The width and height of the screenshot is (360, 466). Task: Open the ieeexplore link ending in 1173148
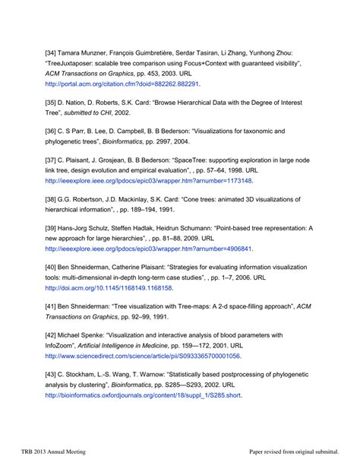pyautogui.click(x=149, y=182)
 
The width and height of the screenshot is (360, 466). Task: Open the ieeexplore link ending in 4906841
pyautogui.click(x=149, y=248)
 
